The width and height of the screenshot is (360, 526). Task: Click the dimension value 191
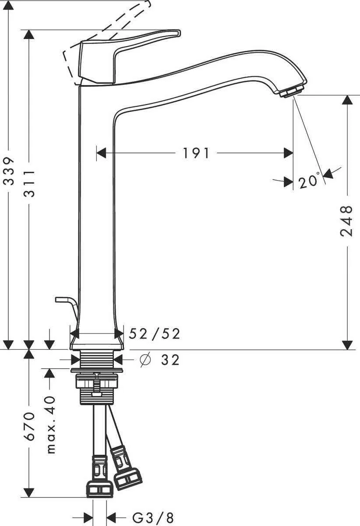tap(196, 153)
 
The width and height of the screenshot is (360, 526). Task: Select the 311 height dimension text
tap(29, 183)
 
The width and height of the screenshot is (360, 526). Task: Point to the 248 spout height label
tap(346, 221)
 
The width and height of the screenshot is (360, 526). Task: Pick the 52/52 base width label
tap(155, 334)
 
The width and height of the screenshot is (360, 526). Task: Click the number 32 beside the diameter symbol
tap(170, 360)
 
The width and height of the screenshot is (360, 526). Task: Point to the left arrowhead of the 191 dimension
tap(101, 153)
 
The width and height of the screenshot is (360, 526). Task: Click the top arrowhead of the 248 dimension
tap(347, 100)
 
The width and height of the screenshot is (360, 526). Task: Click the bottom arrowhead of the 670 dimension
tap(29, 492)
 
